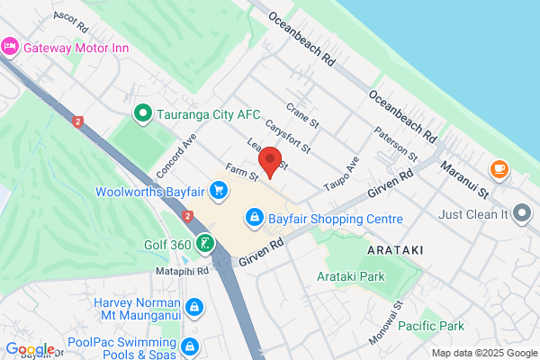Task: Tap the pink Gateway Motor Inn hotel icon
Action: coord(11,46)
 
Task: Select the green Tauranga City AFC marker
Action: coord(141,113)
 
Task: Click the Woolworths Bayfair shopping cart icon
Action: coord(218,190)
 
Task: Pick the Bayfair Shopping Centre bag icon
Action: coord(256,218)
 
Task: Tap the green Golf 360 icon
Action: coord(206,243)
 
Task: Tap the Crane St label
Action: coord(302,114)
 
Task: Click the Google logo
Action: coord(30,350)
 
